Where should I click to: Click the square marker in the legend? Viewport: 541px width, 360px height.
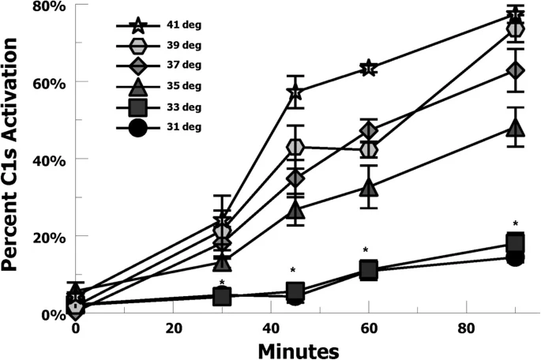point(137,107)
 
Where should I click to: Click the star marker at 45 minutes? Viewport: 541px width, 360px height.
point(295,94)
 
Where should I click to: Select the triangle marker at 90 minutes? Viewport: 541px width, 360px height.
point(516,127)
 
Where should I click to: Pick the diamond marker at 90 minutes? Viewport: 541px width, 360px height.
point(516,70)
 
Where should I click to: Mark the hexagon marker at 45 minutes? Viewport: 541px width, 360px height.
point(295,147)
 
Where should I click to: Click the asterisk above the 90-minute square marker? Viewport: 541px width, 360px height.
point(515,223)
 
